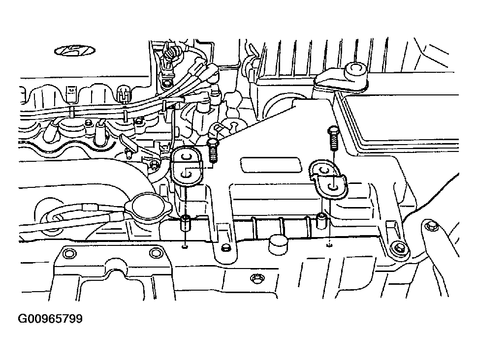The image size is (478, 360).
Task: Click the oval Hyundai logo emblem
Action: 75,51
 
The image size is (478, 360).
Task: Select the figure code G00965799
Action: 50,319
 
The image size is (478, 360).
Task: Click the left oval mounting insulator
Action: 186,166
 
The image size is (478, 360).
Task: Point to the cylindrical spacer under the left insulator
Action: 186,222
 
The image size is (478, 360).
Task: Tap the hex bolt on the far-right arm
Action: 431,226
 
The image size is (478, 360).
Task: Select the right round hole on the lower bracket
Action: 155,253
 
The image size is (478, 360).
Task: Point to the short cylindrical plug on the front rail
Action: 278,243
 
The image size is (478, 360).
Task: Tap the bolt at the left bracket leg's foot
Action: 225,248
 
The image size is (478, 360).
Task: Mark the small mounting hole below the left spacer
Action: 185,247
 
